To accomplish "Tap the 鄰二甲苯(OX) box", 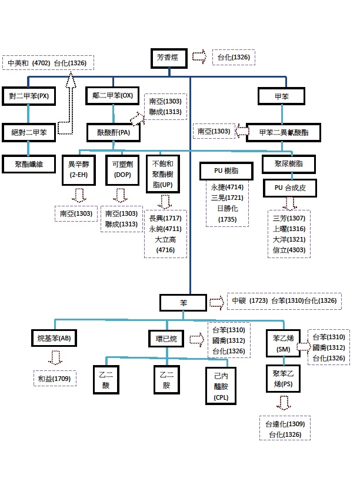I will click(x=112, y=96).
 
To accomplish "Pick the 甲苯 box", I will click(x=282, y=96).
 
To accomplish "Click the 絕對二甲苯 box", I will click(x=29, y=133).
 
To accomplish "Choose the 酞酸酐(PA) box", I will click(x=112, y=133).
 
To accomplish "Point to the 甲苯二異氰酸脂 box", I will click(x=285, y=133).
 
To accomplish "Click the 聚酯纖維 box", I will click(x=29, y=163).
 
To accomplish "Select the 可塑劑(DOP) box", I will click(x=122, y=169).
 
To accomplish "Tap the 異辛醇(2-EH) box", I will click(x=79, y=169).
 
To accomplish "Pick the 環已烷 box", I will click(x=166, y=338).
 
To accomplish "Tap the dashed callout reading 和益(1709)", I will click(x=54, y=379).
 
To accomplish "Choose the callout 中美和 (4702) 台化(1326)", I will click(x=47, y=63).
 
